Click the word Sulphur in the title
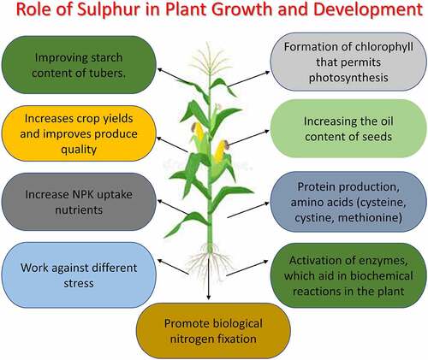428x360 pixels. (109, 9)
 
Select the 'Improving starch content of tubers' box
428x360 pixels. (79, 65)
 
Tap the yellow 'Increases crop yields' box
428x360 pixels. (79, 133)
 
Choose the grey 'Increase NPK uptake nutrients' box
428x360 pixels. (79, 202)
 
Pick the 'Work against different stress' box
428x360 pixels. (79, 275)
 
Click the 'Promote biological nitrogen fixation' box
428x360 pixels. (213, 331)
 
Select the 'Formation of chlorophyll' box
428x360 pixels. (348, 62)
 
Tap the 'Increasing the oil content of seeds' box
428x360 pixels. (348, 128)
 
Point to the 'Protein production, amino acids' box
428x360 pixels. (348, 202)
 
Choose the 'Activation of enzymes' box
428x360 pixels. (348, 275)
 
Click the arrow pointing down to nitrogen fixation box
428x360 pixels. (209, 279)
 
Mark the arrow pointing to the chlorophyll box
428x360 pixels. (249, 79)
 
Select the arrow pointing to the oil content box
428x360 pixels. (248, 138)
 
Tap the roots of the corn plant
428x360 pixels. (210, 261)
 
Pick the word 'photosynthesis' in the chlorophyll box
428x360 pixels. (348, 78)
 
